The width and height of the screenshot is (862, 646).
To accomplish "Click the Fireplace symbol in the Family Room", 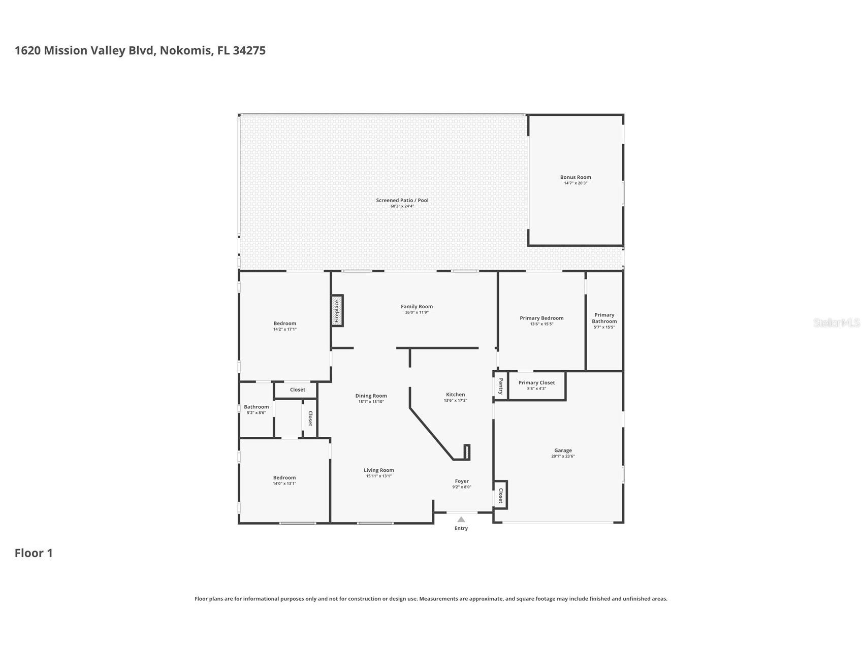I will tap(337, 311).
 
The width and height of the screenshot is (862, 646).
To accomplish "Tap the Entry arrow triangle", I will tap(461, 520).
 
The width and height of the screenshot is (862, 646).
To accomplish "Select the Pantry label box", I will tap(500, 386).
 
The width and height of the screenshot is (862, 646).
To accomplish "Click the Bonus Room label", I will tap(576, 177).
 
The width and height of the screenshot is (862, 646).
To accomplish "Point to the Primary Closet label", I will tap(536, 383).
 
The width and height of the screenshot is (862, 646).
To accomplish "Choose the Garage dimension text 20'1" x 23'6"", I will tap(563, 456).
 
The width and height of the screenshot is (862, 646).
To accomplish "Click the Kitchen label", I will tap(455, 395).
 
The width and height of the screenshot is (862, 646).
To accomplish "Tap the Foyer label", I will tap(462, 481).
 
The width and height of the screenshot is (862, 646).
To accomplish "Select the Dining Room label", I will tap(371, 396).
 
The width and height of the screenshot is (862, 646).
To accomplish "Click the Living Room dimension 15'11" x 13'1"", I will tap(378, 476).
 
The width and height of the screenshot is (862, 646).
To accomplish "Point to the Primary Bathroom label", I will tap(604, 318).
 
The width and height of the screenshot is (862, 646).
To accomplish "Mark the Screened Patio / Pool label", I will tap(402, 200).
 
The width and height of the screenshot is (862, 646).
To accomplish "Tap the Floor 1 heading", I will tap(34, 553).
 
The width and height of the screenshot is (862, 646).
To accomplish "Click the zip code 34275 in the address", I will tap(249, 50).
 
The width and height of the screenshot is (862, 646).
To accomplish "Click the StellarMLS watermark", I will tap(836, 322).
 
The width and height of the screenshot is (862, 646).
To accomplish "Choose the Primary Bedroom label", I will tap(541, 318).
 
